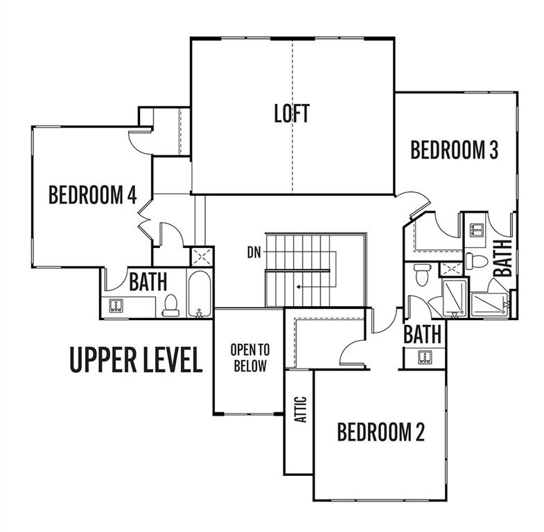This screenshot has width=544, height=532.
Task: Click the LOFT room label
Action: pos(292,114)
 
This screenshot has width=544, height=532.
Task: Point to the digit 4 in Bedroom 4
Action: pos(132,195)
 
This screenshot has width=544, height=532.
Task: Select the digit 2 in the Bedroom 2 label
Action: pos(420,432)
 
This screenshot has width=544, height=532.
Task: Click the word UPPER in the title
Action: pos(102,360)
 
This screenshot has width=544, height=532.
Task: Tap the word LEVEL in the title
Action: pos(173,360)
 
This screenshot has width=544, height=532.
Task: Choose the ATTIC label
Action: pos(301,409)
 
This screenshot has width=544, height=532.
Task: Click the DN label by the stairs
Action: pos(254,252)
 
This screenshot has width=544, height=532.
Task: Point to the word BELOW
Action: pos(250,366)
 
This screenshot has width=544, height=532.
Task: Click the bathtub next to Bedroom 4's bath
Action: pos(199,294)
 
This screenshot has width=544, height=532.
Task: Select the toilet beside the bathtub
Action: pos(170,305)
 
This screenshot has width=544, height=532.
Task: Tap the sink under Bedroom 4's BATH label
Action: pos(115,305)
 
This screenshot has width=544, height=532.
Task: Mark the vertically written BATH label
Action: pos(503,258)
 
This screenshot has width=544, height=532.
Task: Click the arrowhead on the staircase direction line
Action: pos(299,287)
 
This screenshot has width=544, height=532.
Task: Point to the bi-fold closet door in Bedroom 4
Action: pos(145,219)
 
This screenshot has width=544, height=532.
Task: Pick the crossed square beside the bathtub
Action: pos(202,256)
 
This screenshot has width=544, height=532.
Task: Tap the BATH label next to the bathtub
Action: pos(148,282)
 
